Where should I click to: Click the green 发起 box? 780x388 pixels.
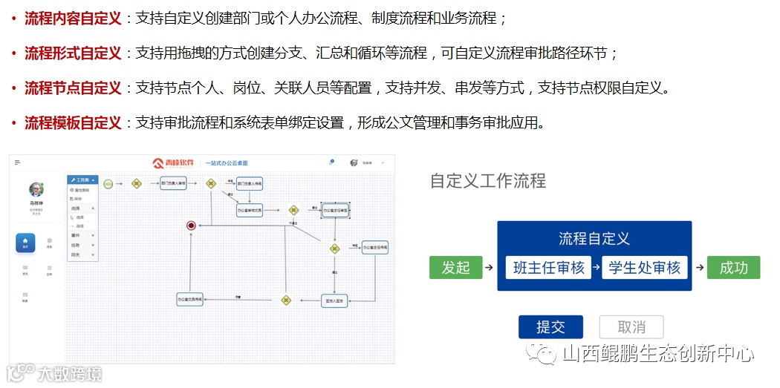click(x=455, y=267)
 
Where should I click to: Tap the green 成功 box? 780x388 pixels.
click(x=733, y=267)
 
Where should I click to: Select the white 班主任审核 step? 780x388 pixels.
click(x=548, y=268)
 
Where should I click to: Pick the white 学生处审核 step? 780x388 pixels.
click(x=644, y=268)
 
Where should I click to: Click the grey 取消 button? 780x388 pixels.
click(x=631, y=327)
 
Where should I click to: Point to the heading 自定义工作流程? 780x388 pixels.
click(x=487, y=180)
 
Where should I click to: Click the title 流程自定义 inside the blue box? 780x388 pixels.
click(x=594, y=238)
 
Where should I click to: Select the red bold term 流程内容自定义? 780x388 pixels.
click(x=73, y=18)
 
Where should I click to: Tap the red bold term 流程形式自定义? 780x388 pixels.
click(x=73, y=53)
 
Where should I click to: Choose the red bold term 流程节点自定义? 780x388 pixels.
click(x=73, y=88)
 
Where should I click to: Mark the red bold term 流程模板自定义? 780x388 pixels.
click(x=73, y=122)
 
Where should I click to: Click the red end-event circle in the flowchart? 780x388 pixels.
click(x=191, y=225)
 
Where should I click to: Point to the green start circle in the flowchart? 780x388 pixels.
click(x=108, y=183)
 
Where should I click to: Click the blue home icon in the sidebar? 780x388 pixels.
click(x=26, y=242)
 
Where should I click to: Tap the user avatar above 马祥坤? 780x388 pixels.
click(x=36, y=190)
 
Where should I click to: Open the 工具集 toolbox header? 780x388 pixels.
click(x=82, y=180)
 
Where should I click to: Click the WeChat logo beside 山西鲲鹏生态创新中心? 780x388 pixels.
click(x=542, y=354)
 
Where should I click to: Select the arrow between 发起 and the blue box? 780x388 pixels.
click(x=489, y=267)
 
